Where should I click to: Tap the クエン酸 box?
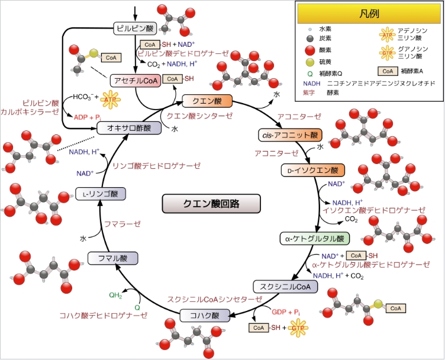coord(202,101)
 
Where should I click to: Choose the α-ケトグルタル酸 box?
coord(314,239)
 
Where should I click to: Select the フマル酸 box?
coord(112,258)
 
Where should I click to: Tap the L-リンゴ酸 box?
coord(101,193)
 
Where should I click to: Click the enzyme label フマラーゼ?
coord(122,224)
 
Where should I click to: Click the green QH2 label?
coord(117,295)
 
